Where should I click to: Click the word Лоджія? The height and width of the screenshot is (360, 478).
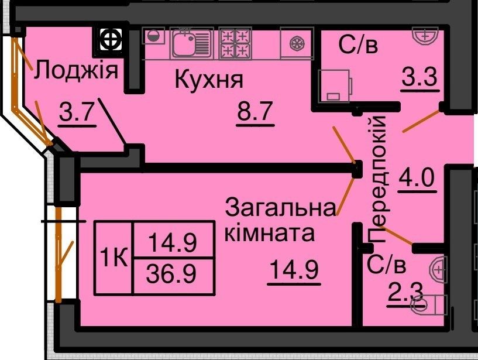coord(76,71)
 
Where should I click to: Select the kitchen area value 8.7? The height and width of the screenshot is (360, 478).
coord(255,111)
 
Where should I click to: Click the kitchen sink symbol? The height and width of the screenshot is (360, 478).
coord(191,43)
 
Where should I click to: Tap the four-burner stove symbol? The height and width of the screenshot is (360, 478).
coord(236,43)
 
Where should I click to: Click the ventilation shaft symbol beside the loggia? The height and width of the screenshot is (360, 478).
coord(111,39)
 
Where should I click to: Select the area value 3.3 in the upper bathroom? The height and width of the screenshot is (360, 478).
coord(419,77)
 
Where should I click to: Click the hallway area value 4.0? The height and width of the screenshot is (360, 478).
coord(417,176)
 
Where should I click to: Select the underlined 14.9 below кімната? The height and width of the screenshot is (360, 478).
coord(294,270)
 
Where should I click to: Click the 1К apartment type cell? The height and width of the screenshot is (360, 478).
coord(114,258)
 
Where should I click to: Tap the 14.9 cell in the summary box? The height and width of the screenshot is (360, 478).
coord(173,240)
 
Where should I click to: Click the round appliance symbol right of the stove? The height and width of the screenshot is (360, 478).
coord(297,43)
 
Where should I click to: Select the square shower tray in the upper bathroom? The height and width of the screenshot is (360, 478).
coord(334,86)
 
